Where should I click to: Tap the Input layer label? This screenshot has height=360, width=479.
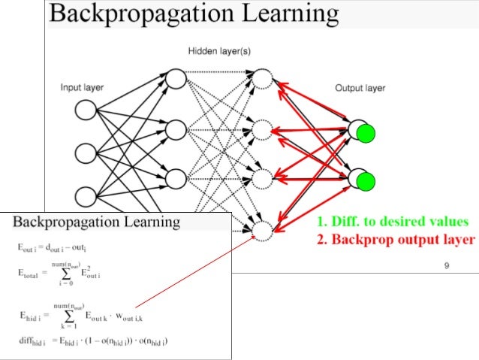pyautogui.click(x=82, y=87)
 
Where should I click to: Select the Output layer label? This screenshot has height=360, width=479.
pyautogui.click(x=360, y=88)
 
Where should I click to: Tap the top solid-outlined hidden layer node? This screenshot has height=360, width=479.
pyautogui.click(x=175, y=79)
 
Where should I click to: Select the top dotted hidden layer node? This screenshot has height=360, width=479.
pyautogui.click(x=262, y=79)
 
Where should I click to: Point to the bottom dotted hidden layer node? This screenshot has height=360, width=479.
pyautogui.click(x=262, y=231)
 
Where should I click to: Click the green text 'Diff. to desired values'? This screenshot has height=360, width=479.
pyautogui.click(x=392, y=222)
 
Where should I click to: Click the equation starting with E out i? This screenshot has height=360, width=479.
pyautogui.click(x=59, y=247)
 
